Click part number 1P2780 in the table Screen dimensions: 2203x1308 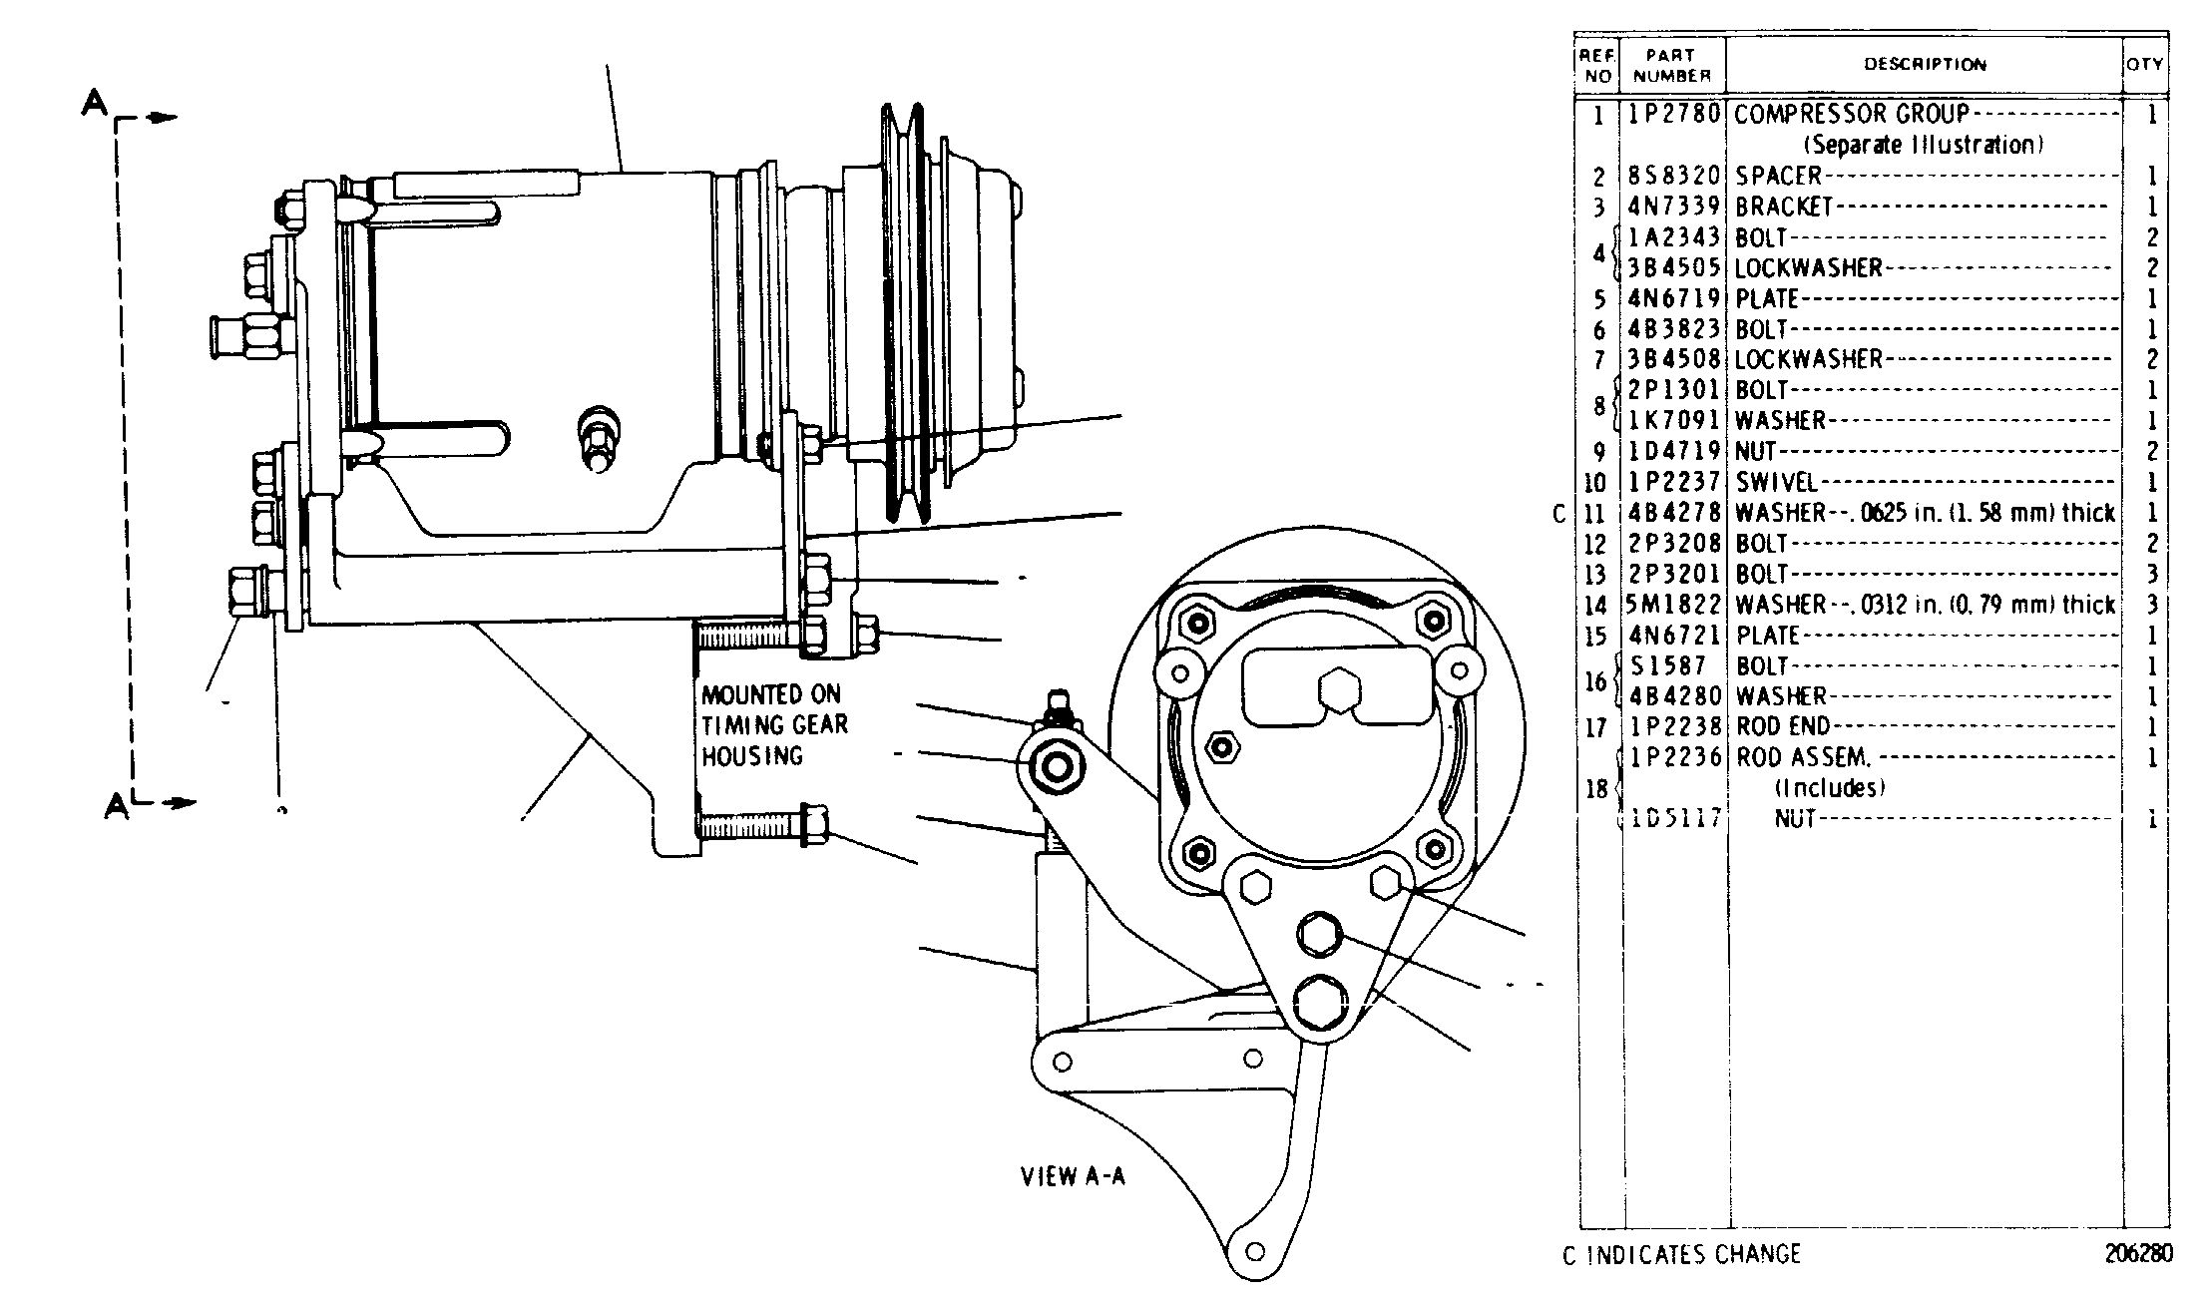1675,114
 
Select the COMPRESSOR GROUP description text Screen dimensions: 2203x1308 1852,114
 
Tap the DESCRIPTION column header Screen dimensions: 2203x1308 1926,65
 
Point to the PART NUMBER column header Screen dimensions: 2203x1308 1673,66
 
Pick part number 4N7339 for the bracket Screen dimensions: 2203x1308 1675,207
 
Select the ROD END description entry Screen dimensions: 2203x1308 1784,726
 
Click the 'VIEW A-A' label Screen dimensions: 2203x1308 1073,1176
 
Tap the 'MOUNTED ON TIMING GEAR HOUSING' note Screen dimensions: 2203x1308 774,725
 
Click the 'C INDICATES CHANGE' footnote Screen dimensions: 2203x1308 1682,1254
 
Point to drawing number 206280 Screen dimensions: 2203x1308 2138,1254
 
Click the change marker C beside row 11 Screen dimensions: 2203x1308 1560,514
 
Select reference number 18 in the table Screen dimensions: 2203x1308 1596,789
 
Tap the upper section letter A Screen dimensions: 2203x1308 93,103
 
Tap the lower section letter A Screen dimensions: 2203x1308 117,805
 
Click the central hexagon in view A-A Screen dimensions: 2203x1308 1340,690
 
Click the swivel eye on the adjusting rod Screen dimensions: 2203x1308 1054,766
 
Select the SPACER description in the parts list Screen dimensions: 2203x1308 1778,176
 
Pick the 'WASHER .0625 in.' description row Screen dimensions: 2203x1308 1925,513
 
